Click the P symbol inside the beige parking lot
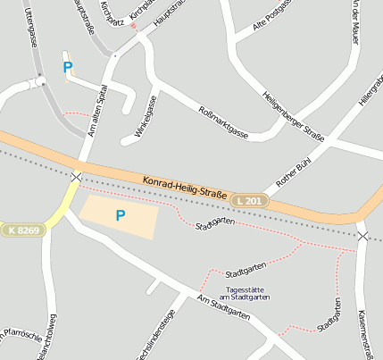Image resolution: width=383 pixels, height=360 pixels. click(x=120, y=215)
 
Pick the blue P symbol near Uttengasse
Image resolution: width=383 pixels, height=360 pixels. click(x=67, y=67)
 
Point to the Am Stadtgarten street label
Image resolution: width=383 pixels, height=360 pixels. click(x=222, y=308)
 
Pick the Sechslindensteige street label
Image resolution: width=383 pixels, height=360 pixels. click(x=167, y=336)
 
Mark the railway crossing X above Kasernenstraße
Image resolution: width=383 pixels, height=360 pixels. click(x=362, y=236)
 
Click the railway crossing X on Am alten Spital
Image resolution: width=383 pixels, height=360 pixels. click(x=76, y=177)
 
